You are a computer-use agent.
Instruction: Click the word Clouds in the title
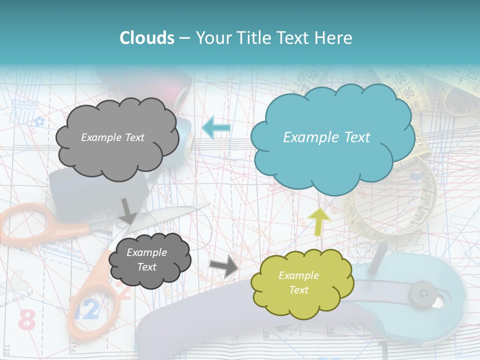[147, 37]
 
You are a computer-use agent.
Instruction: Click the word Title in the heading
[256, 37]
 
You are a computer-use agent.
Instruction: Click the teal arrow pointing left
[216, 127]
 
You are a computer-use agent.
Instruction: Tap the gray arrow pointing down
[128, 210]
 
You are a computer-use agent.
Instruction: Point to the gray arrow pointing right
[224, 265]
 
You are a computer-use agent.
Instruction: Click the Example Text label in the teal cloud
[326, 137]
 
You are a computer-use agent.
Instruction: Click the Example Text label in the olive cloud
[298, 282]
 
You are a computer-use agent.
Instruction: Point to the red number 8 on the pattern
[26, 320]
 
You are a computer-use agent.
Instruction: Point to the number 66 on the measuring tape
[400, 78]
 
